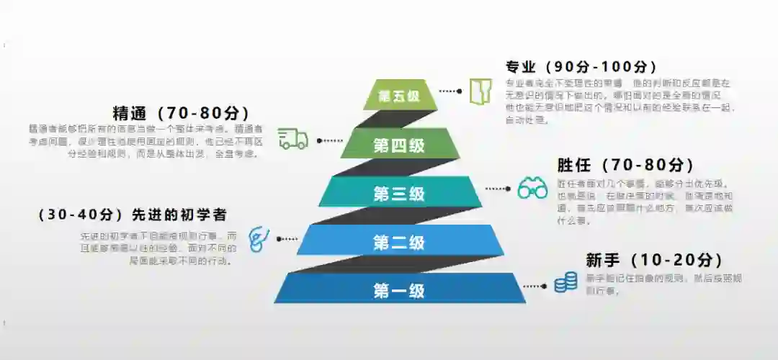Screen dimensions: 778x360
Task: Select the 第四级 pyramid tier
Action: click(399, 145)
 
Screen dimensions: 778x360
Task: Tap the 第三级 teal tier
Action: click(399, 193)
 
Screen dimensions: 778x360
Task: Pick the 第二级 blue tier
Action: click(399, 243)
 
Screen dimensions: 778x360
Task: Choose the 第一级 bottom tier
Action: click(399, 291)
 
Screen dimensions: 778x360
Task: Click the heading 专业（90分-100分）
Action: click(582, 67)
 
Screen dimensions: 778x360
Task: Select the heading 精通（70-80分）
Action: click(181, 114)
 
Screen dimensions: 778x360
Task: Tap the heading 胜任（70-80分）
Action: click(625, 165)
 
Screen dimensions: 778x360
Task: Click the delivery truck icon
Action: click(292, 139)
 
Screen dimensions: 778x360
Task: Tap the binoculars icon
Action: click(532, 189)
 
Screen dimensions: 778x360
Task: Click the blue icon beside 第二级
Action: click(256, 238)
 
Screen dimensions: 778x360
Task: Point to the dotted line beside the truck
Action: click(328, 140)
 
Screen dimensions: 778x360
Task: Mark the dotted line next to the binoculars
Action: click(498, 189)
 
